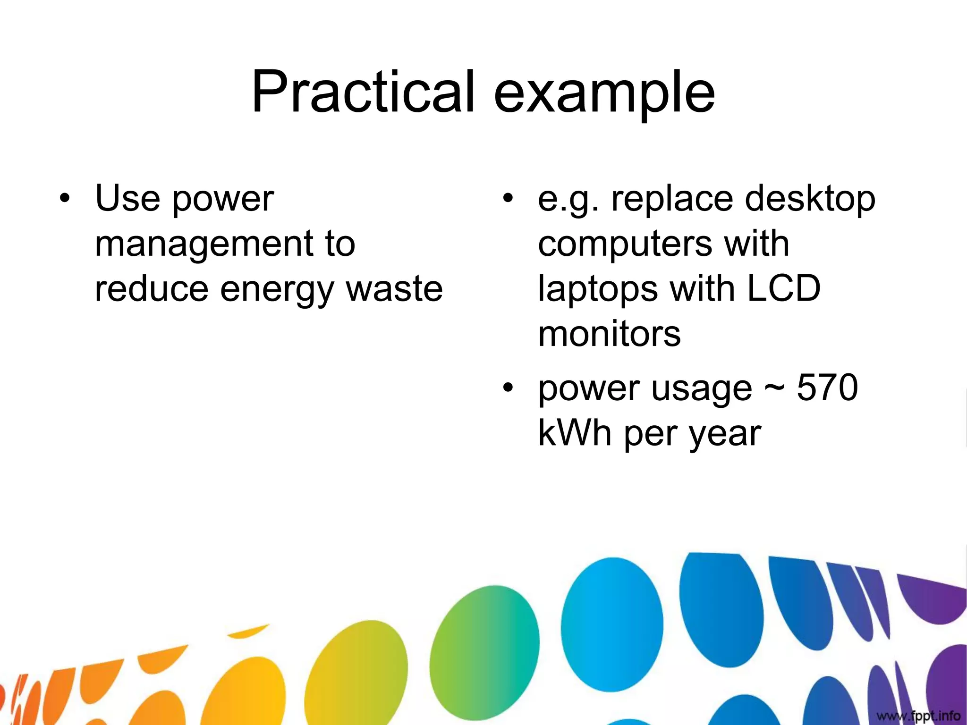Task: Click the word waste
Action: pos(395,289)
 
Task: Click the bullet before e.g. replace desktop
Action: pos(507,198)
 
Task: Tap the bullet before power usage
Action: pos(507,388)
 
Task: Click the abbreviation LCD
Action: pos(784,289)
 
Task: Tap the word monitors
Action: pos(609,334)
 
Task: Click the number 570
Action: pos(827,388)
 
